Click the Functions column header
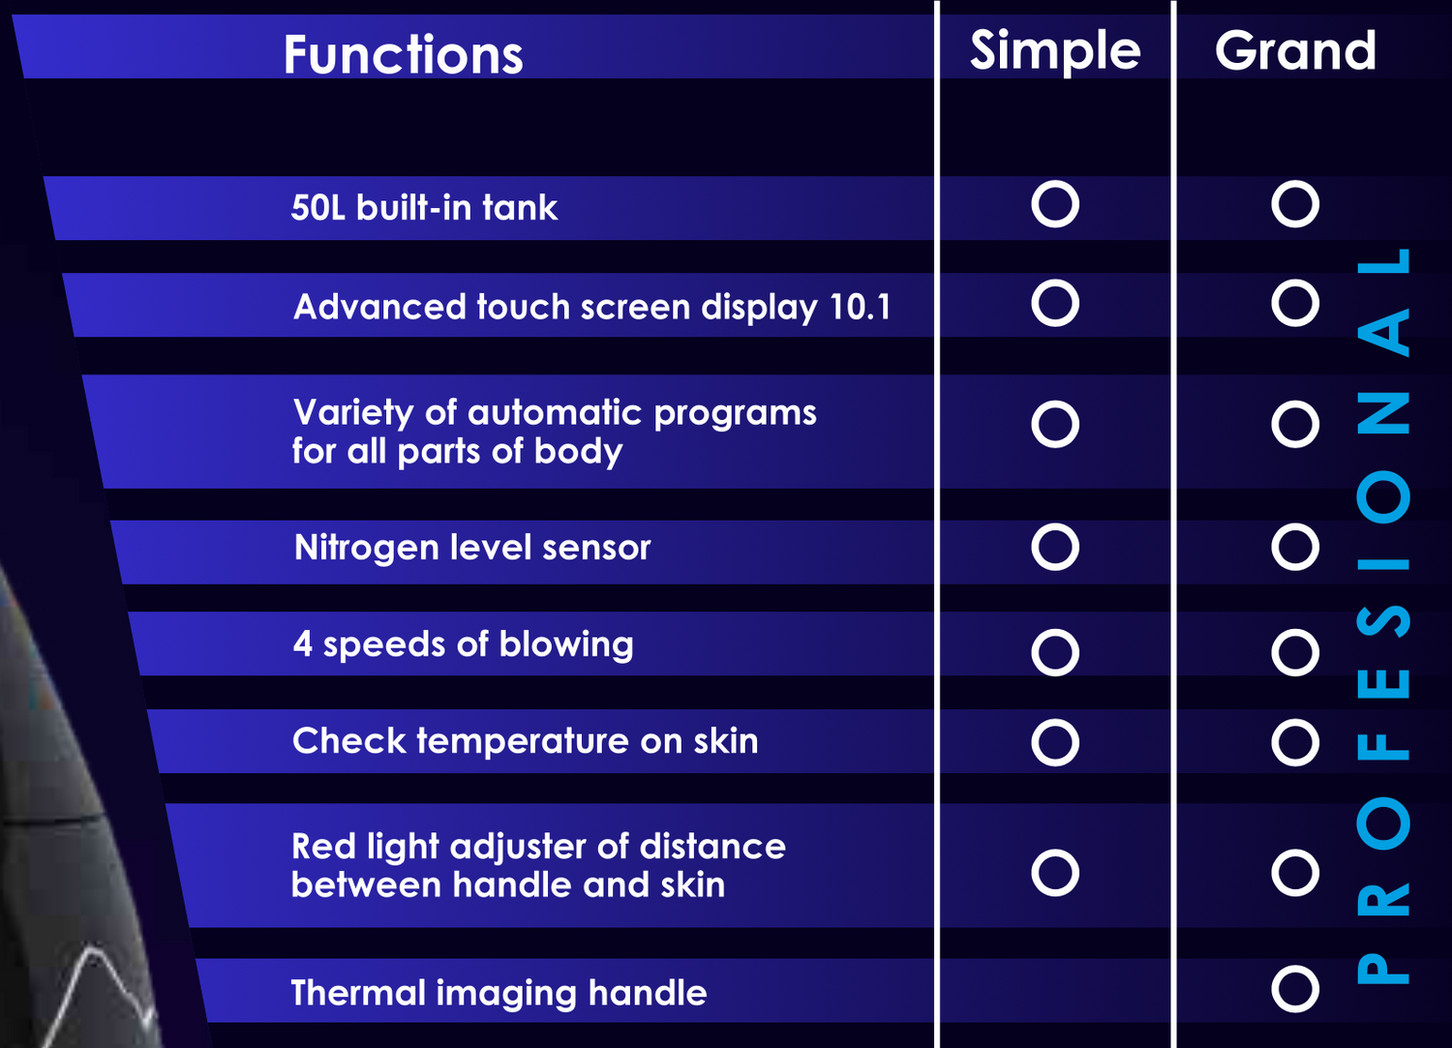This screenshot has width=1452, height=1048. click(x=404, y=54)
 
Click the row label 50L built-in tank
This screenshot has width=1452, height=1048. click(x=424, y=207)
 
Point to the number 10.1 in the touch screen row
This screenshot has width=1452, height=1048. click(x=861, y=307)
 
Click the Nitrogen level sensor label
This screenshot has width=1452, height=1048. click(x=472, y=549)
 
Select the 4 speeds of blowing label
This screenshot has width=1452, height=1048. click(x=463, y=644)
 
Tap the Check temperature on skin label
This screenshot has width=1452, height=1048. click(x=525, y=741)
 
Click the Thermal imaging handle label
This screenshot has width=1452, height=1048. click(x=499, y=993)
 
